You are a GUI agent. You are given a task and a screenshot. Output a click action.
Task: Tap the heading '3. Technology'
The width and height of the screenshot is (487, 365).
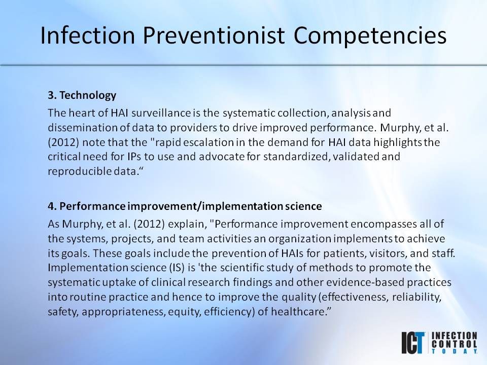click(82, 95)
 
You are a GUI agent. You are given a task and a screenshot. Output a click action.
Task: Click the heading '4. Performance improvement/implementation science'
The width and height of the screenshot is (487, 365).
click(185, 206)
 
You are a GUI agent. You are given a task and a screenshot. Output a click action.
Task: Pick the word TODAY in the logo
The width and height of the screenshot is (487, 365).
click(454, 351)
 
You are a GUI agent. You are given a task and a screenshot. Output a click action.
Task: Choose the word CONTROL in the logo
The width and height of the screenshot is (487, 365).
click(454, 343)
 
